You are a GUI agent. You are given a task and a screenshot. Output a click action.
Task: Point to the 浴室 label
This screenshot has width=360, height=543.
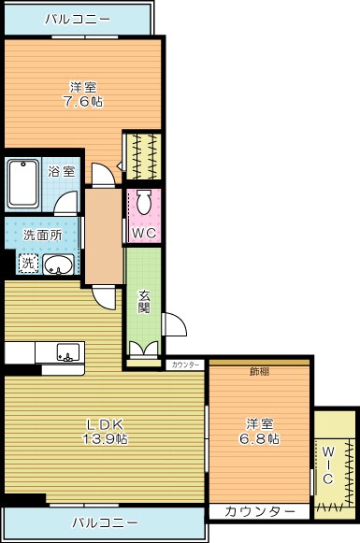click(61, 171)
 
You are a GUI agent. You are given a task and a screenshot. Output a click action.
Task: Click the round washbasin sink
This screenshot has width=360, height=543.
click(58, 264)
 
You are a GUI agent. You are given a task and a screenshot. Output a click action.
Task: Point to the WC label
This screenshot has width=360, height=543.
click(143, 233)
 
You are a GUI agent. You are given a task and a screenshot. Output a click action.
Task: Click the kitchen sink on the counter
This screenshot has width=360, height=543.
click(67, 353)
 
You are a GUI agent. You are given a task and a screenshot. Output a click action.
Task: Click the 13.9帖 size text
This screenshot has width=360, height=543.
click(104, 437)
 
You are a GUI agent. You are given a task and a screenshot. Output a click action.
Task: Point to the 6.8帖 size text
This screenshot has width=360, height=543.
click(259, 437)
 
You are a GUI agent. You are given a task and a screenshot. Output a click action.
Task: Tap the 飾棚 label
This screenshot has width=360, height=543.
click(259, 371)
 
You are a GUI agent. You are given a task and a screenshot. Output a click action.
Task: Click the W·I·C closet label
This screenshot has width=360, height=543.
click(328, 464)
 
